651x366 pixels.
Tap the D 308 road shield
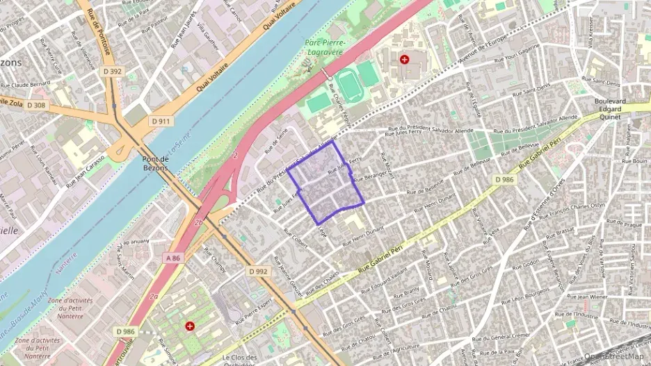point(36,105)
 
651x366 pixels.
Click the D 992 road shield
point(258,272)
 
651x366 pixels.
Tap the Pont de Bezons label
point(155,164)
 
